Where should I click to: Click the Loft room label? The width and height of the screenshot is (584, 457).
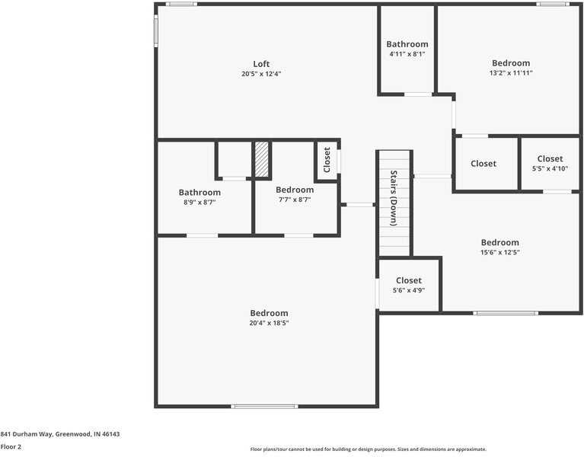(261, 64)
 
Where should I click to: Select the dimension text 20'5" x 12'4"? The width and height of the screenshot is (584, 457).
(261, 74)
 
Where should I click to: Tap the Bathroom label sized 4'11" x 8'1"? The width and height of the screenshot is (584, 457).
(407, 44)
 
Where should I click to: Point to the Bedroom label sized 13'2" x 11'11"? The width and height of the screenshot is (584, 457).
(510, 63)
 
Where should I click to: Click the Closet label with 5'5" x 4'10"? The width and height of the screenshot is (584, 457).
(550, 159)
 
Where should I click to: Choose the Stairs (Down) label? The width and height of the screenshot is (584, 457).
(394, 198)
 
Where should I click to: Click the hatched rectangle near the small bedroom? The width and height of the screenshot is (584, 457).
(262, 159)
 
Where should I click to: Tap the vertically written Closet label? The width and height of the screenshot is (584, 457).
(327, 160)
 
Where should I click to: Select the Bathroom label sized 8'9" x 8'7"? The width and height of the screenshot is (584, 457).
(199, 193)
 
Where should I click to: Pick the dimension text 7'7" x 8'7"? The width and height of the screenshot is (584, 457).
(295, 200)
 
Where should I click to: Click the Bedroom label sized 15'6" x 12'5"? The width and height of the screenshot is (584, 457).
(499, 242)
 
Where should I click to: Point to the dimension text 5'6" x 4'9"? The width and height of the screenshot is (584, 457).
(408, 290)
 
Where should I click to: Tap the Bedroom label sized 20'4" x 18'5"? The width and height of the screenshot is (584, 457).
(269, 313)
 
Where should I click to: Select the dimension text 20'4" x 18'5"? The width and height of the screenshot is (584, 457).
(269, 323)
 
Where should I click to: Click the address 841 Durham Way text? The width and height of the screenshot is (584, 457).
(60, 434)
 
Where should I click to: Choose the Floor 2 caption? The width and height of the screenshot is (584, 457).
(11, 447)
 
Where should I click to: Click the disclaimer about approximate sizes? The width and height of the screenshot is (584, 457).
(368, 449)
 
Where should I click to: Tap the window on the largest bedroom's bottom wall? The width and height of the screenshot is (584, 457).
(263, 407)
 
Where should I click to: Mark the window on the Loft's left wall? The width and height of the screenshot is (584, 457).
(156, 31)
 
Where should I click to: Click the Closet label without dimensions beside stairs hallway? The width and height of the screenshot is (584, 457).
(483, 164)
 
